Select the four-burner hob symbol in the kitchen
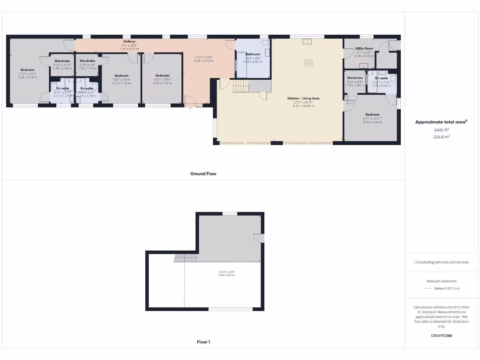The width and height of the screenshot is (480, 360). (x=308, y=62)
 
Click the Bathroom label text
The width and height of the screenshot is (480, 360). (x=253, y=54)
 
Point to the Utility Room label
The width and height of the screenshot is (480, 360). (x=364, y=48)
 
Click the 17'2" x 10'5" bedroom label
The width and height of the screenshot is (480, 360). (x=28, y=74)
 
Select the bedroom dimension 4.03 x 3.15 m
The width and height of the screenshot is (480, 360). (x=162, y=83)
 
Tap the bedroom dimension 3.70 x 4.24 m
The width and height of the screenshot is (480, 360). (x=372, y=122)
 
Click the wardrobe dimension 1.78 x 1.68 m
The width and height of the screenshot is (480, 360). (x=354, y=85)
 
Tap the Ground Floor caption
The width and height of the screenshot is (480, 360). (x=203, y=173)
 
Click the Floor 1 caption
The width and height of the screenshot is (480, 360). (x=203, y=342)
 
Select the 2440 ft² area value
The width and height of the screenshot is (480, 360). (x=441, y=130)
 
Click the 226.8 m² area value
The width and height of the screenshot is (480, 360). (x=441, y=137)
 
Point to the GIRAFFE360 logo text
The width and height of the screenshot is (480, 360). (x=441, y=336)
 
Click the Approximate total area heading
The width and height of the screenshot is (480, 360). (x=441, y=122)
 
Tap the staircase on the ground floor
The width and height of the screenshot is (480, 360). (x=242, y=86)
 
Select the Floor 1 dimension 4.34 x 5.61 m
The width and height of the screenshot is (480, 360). (x=226, y=275)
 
